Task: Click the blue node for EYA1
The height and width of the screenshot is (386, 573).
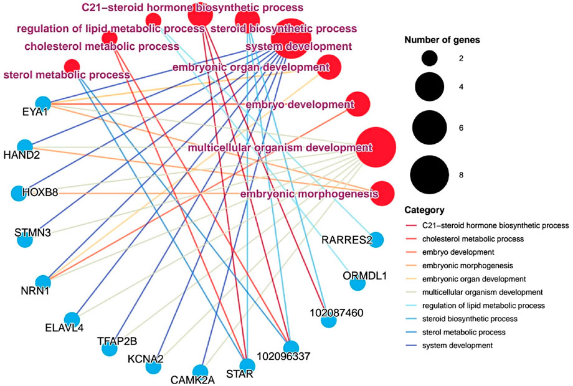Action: (x=42, y=103)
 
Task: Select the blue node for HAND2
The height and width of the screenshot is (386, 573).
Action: (x=25, y=147)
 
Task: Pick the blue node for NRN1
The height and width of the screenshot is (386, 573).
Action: (x=42, y=281)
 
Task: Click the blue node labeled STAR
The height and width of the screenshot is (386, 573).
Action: (x=247, y=366)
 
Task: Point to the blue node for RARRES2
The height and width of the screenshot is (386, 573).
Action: (x=376, y=240)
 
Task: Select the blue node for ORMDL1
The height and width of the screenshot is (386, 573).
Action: (x=358, y=284)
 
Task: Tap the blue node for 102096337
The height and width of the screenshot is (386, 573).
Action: (x=290, y=347)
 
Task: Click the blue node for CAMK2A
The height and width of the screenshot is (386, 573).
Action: (x=200, y=371)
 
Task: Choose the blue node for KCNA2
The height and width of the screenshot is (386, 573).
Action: (x=153, y=367)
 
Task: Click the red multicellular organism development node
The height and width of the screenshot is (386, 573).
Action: (x=376, y=148)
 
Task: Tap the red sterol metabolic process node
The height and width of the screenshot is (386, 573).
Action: (x=72, y=65)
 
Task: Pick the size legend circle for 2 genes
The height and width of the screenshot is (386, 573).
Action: (x=429, y=59)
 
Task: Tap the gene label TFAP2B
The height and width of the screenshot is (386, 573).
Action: (x=117, y=341)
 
